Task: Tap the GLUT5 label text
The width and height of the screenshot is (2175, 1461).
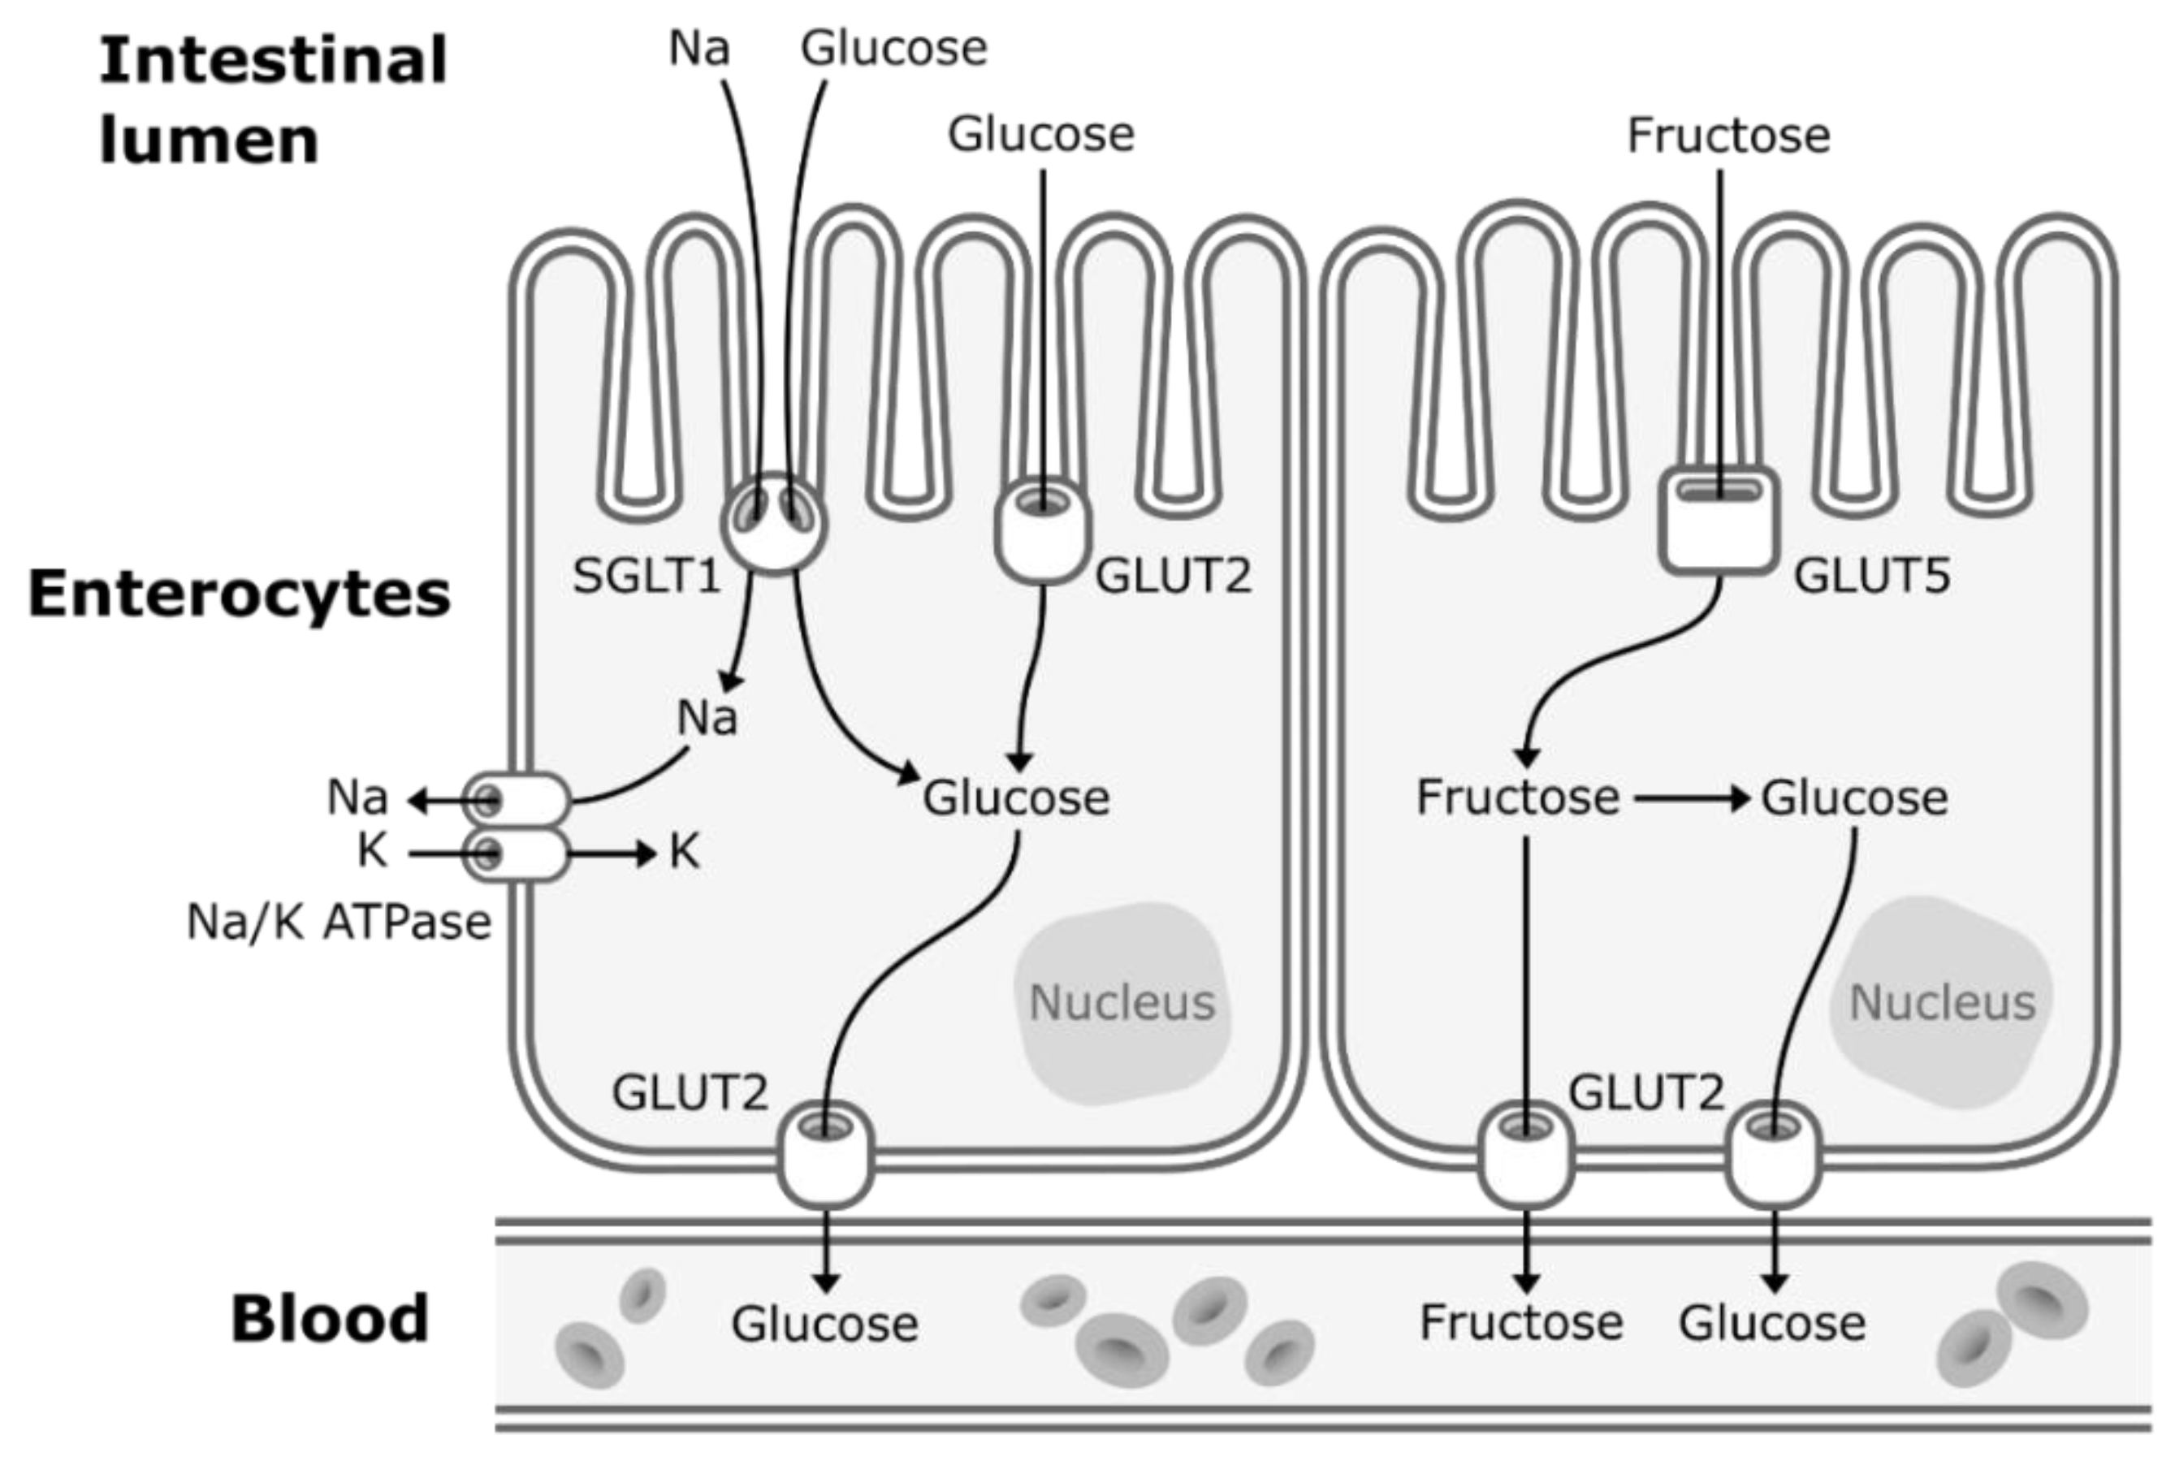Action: click(1871, 577)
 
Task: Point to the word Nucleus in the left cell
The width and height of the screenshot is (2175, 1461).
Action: click(1122, 1004)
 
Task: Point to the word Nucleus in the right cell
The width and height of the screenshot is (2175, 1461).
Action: click(1942, 1004)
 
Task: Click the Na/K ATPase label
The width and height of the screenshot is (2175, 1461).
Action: click(339, 923)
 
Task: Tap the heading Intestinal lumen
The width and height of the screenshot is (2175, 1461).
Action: click(273, 100)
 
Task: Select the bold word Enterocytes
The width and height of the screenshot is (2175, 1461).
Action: click(240, 594)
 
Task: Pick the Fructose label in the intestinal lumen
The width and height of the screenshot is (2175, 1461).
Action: click(1728, 136)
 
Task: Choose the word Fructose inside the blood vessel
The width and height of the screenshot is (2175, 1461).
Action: click(1521, 1323)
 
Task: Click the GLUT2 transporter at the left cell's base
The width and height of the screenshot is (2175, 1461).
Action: click(826, 1156)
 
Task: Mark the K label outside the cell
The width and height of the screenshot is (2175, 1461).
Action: click(373, 852)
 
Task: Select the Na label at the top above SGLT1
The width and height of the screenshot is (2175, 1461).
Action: click(699, 49)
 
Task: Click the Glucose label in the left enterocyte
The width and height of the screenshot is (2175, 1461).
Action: click(1016, 798)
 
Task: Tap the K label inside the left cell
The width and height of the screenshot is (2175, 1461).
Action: click(684, 852)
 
